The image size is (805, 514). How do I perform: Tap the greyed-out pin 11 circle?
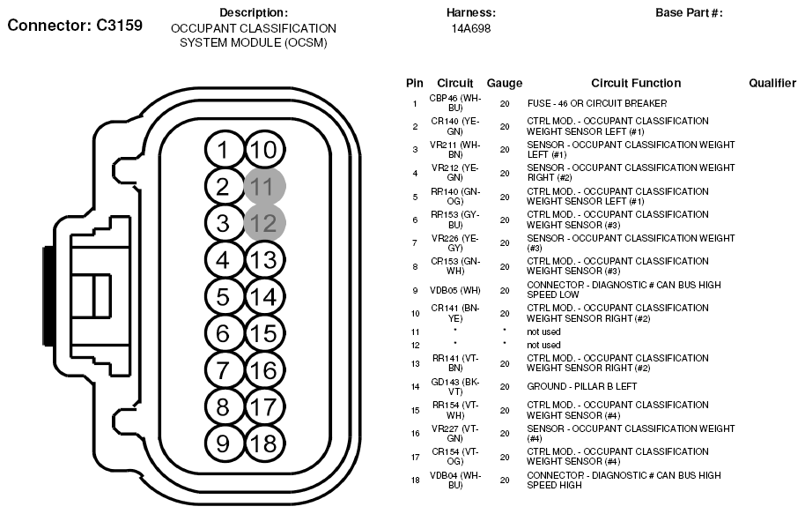pyautogui.click(x=262, y=186)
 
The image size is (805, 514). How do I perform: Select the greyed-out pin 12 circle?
pyautogui.click(x=262, y=222)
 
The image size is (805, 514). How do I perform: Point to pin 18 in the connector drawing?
pyautogui.click(x=262, y=443)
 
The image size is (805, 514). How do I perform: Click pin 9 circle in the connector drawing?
pyautogui.click(x=223, y=443)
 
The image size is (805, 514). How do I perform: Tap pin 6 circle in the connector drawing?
pyautogui.click(x=223, y=333)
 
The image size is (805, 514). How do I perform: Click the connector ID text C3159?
pyautogui.click(x=74, y=25)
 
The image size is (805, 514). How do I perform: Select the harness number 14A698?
pyautogui.click(x=471, y=28)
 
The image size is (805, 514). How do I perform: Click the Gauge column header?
pyautogui.click(x=505, y=83)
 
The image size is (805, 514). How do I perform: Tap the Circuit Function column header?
pyautogui.click(x=636, y=83)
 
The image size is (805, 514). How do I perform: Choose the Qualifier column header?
pyautogui.click(x=772, y=83)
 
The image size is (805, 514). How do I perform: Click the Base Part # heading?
pyautogui.click(x=689, y=12)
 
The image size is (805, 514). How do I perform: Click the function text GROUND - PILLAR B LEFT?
pyautogui.click(x=582, y=386)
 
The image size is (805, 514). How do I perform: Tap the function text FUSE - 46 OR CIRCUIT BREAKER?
pyautogui.click(x=597, y=103)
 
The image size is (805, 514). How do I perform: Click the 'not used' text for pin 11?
pyautogui.click(x=543, y=331)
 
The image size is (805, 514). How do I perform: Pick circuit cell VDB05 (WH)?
pyautogui.click(x=455, y=290)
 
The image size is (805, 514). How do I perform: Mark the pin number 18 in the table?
pyautogui.click(x=414, y=480)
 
